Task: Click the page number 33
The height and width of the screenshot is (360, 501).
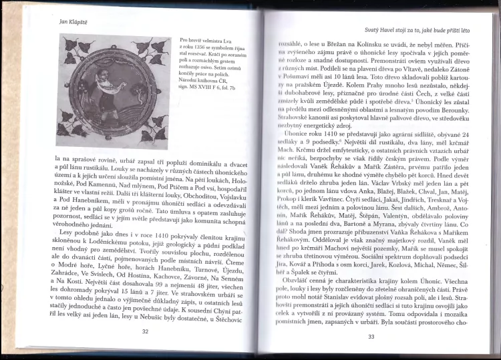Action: (x=372, y=336)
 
